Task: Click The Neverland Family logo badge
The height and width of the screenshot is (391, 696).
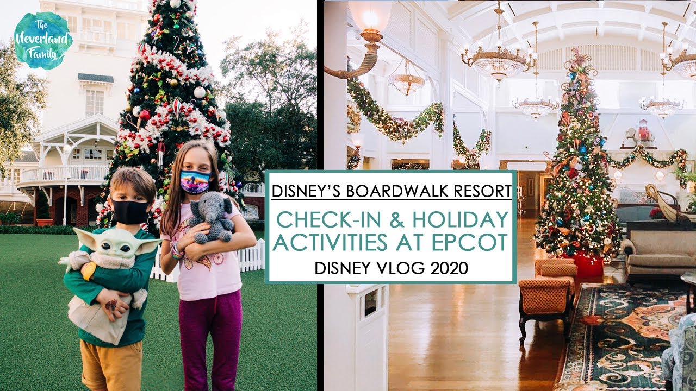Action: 43,40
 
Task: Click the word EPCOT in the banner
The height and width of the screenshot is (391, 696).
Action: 476,243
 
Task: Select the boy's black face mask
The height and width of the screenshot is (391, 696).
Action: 130,211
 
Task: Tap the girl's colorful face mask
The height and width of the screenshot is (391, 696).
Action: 195,181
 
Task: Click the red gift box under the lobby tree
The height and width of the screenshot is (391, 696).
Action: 588,264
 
